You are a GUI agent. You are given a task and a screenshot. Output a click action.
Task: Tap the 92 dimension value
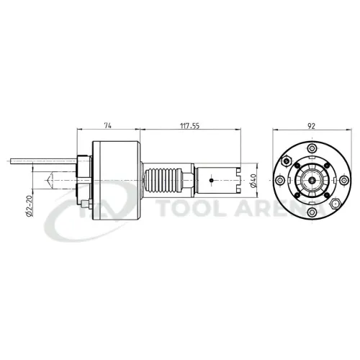coord(312,125)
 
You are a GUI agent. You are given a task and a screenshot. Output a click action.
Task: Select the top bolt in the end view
coord(311,148)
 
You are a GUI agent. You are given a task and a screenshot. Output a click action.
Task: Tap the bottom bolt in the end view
coord(311,212)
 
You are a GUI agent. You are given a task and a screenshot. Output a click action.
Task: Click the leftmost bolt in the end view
coord(280,180)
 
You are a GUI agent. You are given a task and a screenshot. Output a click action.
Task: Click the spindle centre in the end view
coord(311,180)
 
